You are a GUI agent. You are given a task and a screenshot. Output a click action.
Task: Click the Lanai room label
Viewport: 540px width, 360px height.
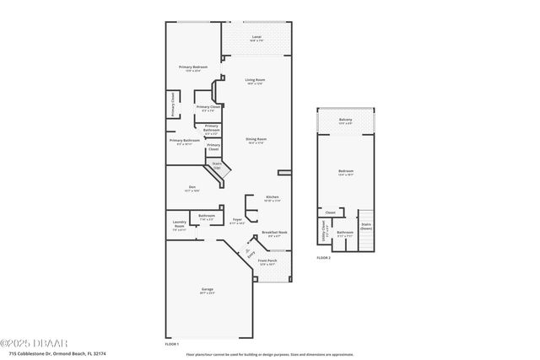[256, 39]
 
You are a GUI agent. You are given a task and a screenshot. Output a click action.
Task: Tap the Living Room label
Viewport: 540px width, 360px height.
[255, 82]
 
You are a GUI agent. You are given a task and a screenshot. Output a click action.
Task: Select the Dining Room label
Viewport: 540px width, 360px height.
[257, 140]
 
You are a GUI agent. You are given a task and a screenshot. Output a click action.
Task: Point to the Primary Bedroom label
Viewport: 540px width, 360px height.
[193, 68]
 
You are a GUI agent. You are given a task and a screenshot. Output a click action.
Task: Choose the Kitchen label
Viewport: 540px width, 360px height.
[272, 198]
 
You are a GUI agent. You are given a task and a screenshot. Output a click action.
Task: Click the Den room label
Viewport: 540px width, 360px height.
[192, 189]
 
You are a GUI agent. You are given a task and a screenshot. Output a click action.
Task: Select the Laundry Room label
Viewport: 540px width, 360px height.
[179, 227]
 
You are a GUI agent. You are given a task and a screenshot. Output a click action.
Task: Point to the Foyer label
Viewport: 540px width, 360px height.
[238, 221]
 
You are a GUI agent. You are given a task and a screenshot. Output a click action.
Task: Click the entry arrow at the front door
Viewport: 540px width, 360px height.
[249, 251]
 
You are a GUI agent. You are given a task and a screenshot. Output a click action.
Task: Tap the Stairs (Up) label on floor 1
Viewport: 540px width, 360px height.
[217, 166]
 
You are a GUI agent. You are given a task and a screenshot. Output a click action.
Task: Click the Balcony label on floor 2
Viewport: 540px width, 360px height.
[346, 121]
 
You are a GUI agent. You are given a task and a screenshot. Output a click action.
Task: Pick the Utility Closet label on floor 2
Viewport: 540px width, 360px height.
[325, 229]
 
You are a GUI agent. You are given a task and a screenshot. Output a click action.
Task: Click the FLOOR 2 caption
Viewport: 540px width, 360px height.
[324, 257]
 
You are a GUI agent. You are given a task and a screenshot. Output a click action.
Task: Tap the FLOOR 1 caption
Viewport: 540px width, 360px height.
[172, 344]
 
